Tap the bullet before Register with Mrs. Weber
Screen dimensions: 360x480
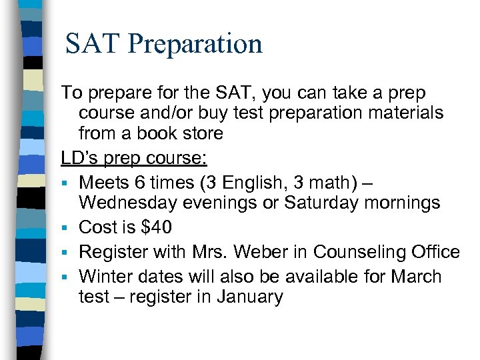(66, 253)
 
